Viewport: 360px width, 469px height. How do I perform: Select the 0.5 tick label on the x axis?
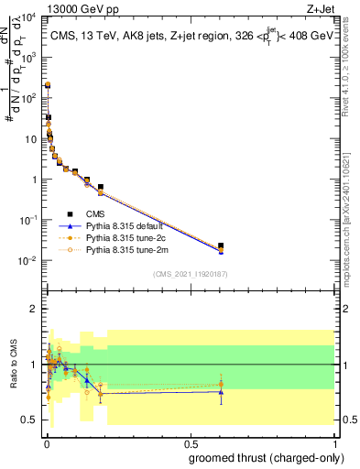[x=190, y=442]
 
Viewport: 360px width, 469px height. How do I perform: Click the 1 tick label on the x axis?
[x=333, y=442]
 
